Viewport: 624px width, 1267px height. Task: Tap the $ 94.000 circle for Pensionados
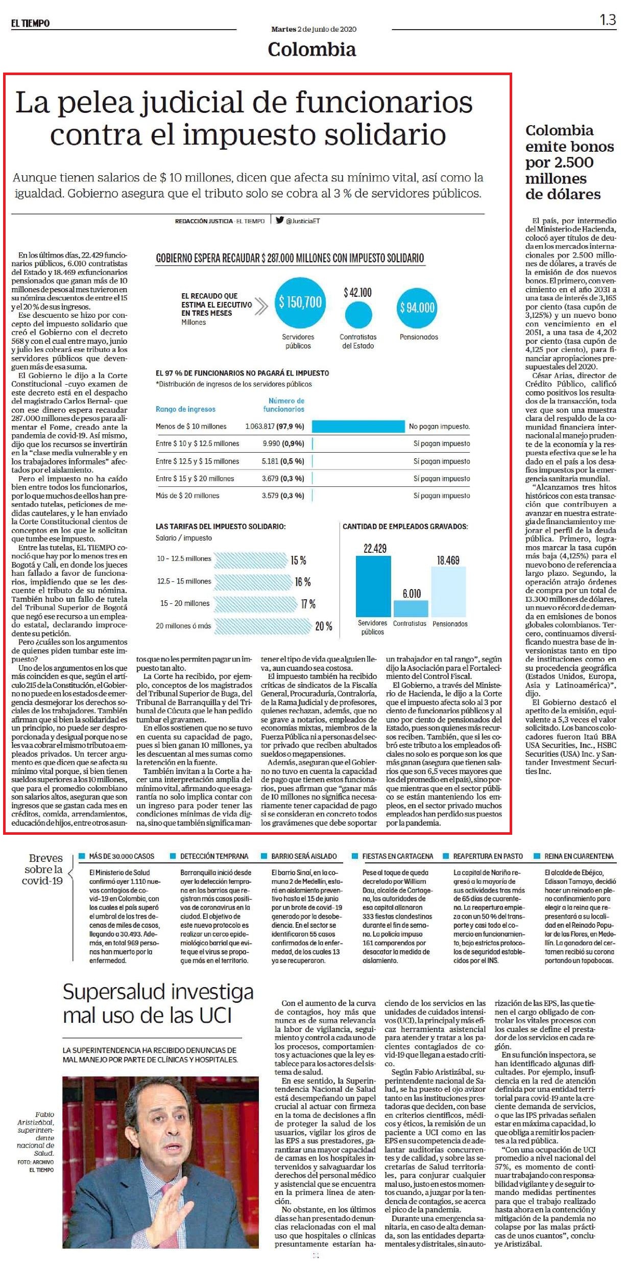coord(417,307)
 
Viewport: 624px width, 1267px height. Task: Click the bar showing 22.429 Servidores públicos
coord(373,586)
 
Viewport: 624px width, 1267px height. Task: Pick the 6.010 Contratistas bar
coord(411,608)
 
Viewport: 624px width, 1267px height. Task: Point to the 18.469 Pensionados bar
coord(449,591)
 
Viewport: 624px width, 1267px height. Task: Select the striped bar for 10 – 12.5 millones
coord(251,559)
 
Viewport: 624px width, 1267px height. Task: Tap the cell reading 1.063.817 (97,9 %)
coord(275,426)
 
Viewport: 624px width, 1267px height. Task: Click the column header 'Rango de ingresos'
coord(185,409)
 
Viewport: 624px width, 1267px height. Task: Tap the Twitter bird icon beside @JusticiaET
coord(279,220)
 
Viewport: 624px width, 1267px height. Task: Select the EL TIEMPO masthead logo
coord(31,23)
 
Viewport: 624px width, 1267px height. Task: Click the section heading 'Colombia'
coord(311,50)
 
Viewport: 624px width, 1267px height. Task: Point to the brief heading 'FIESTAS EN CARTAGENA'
coord(398,856)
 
